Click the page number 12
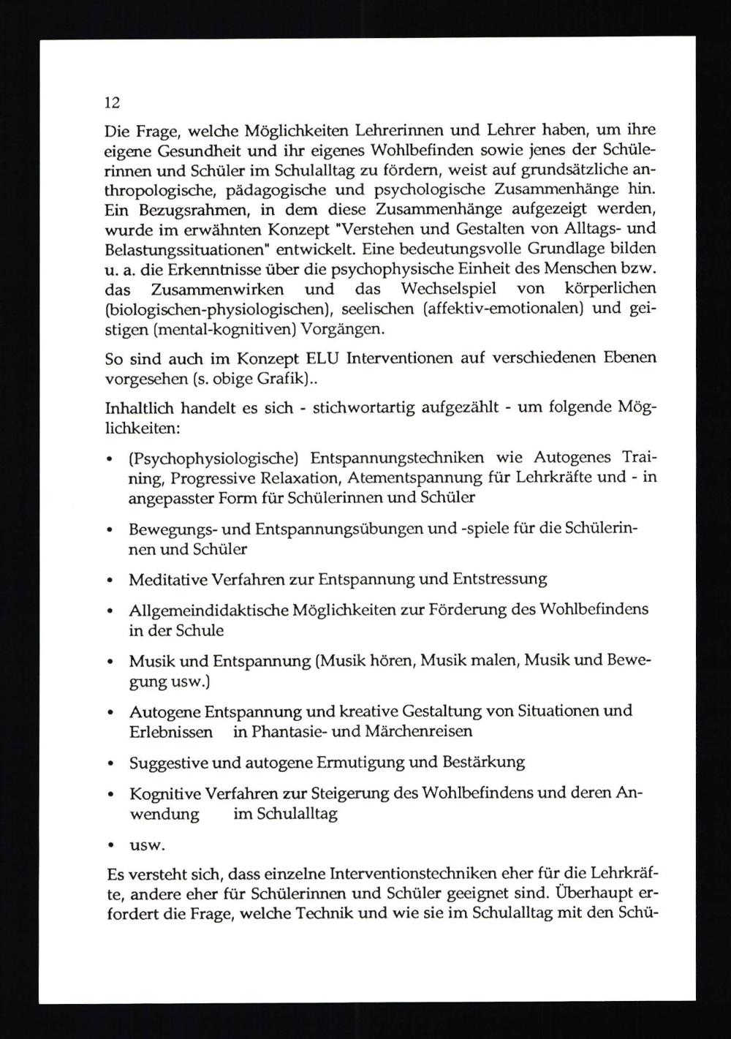coord(113,102)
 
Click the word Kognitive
coord(164,793)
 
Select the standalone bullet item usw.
coord(147,846)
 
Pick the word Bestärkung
coord(484,762)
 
